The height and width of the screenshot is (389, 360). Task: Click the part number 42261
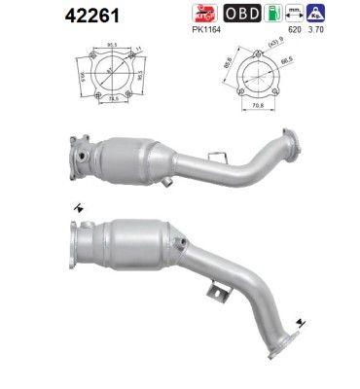(x=39, y=17)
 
